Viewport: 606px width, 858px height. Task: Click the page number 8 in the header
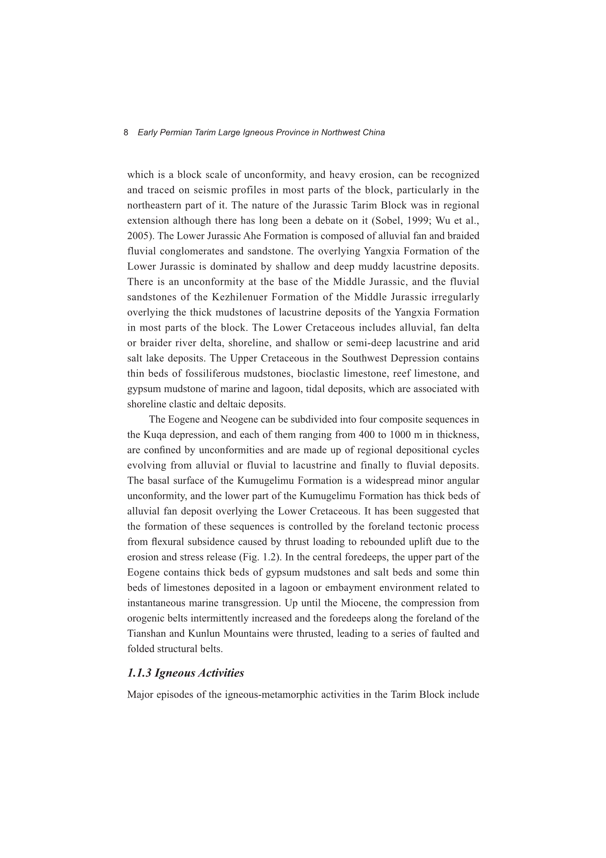(x=126, y=132)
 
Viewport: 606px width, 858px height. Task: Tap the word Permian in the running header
(x=176, y=132)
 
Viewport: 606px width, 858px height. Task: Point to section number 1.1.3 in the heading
(x=139, y=673)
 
